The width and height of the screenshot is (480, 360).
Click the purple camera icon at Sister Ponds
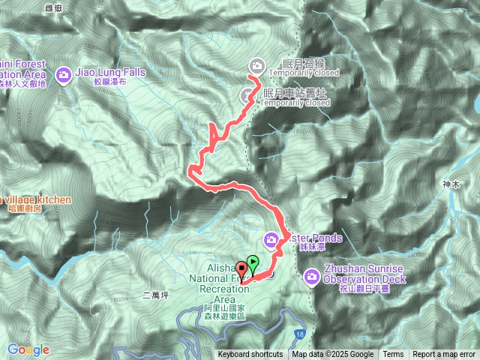click(271, 240)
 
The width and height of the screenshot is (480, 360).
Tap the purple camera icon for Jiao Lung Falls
click(62, 73)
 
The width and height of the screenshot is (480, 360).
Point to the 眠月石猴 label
click(295, 63)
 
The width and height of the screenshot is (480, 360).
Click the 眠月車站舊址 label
click(295, 92)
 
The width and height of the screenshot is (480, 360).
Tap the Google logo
click(28, 349)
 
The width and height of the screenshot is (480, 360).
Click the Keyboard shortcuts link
click(250, 355)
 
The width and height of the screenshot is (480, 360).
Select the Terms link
click(393, 355)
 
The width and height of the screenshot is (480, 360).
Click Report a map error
click(443, 355)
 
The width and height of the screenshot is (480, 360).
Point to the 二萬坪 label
click(156, 295)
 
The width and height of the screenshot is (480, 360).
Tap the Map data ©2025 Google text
click(332, 355)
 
